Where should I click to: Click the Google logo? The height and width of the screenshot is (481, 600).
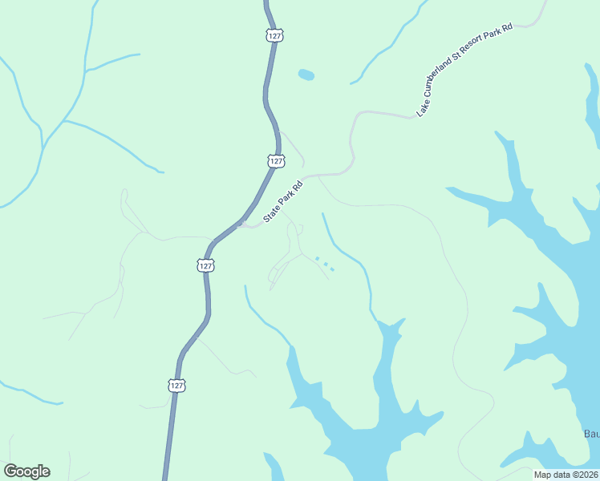pyautogui.click(x=26, y=471)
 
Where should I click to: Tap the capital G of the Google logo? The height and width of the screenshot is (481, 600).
pyautogui.click(x=10, y=471)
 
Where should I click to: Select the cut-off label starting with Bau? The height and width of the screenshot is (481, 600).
pyautogui.click(x=591, y=434)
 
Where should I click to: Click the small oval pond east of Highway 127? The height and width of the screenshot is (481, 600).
pyautogui.click(x=306, y=75)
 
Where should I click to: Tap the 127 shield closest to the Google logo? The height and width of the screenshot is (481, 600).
pyautogui.click(x=177, y=386)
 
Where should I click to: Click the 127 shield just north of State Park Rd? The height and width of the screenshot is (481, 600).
pyautogui.click(x=276, y=161)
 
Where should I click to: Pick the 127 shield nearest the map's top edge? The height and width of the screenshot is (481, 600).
pyautogui.click(x=274, y=35)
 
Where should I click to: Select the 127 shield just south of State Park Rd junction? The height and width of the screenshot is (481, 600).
pyautogui.click(x=205, y=265)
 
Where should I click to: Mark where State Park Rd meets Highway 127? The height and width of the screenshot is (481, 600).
pyautogui.click(x=240, y=224)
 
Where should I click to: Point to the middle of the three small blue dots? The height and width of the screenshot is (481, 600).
pyautogui.click(x=325, y=264)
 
